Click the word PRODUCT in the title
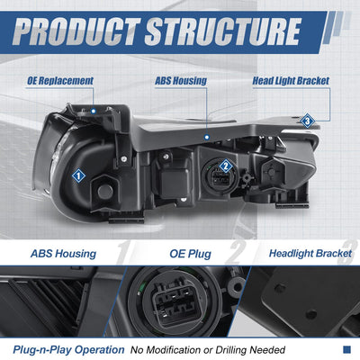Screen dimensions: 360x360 (x=76, y=31)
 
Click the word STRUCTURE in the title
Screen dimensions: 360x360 (x=223, y=31)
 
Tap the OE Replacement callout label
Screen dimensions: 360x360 (x=60, y=81)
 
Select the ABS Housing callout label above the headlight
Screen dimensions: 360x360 (x=181, y=81)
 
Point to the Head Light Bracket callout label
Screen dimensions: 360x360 (x=291, y=81)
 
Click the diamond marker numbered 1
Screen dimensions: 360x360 (x=78, y=176)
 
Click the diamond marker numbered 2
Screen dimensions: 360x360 (x=226, y=166)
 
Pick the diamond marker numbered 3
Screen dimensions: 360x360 (x=307, y=121)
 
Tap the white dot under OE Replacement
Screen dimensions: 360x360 (x=94, y=111)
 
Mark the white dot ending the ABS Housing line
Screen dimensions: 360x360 (x=207, y=138)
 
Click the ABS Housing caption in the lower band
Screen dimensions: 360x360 (x=63, y=254)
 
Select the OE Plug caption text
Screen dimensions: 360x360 (x=190, y=254)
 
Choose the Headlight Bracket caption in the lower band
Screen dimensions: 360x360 (x=310, y=254)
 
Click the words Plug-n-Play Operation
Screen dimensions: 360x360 (x=68, y=350)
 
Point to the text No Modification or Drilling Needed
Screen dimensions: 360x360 (x=208, y=350)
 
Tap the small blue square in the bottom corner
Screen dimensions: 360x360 (x=346, y=349)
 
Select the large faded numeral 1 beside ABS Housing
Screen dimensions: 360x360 (x=123, y=253)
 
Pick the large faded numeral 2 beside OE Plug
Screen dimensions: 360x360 (x=236, y=253)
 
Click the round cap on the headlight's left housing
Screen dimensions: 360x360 (x=105, y=191)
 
